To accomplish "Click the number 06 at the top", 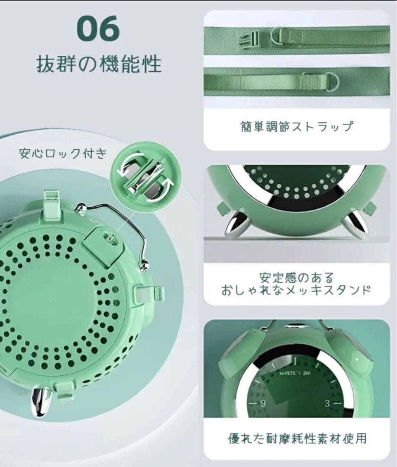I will pos(98,29).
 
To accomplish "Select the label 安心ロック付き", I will pos(62,154).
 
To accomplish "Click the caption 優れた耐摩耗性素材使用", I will pos(297,438).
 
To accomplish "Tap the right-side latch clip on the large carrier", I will pos(148,294).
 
